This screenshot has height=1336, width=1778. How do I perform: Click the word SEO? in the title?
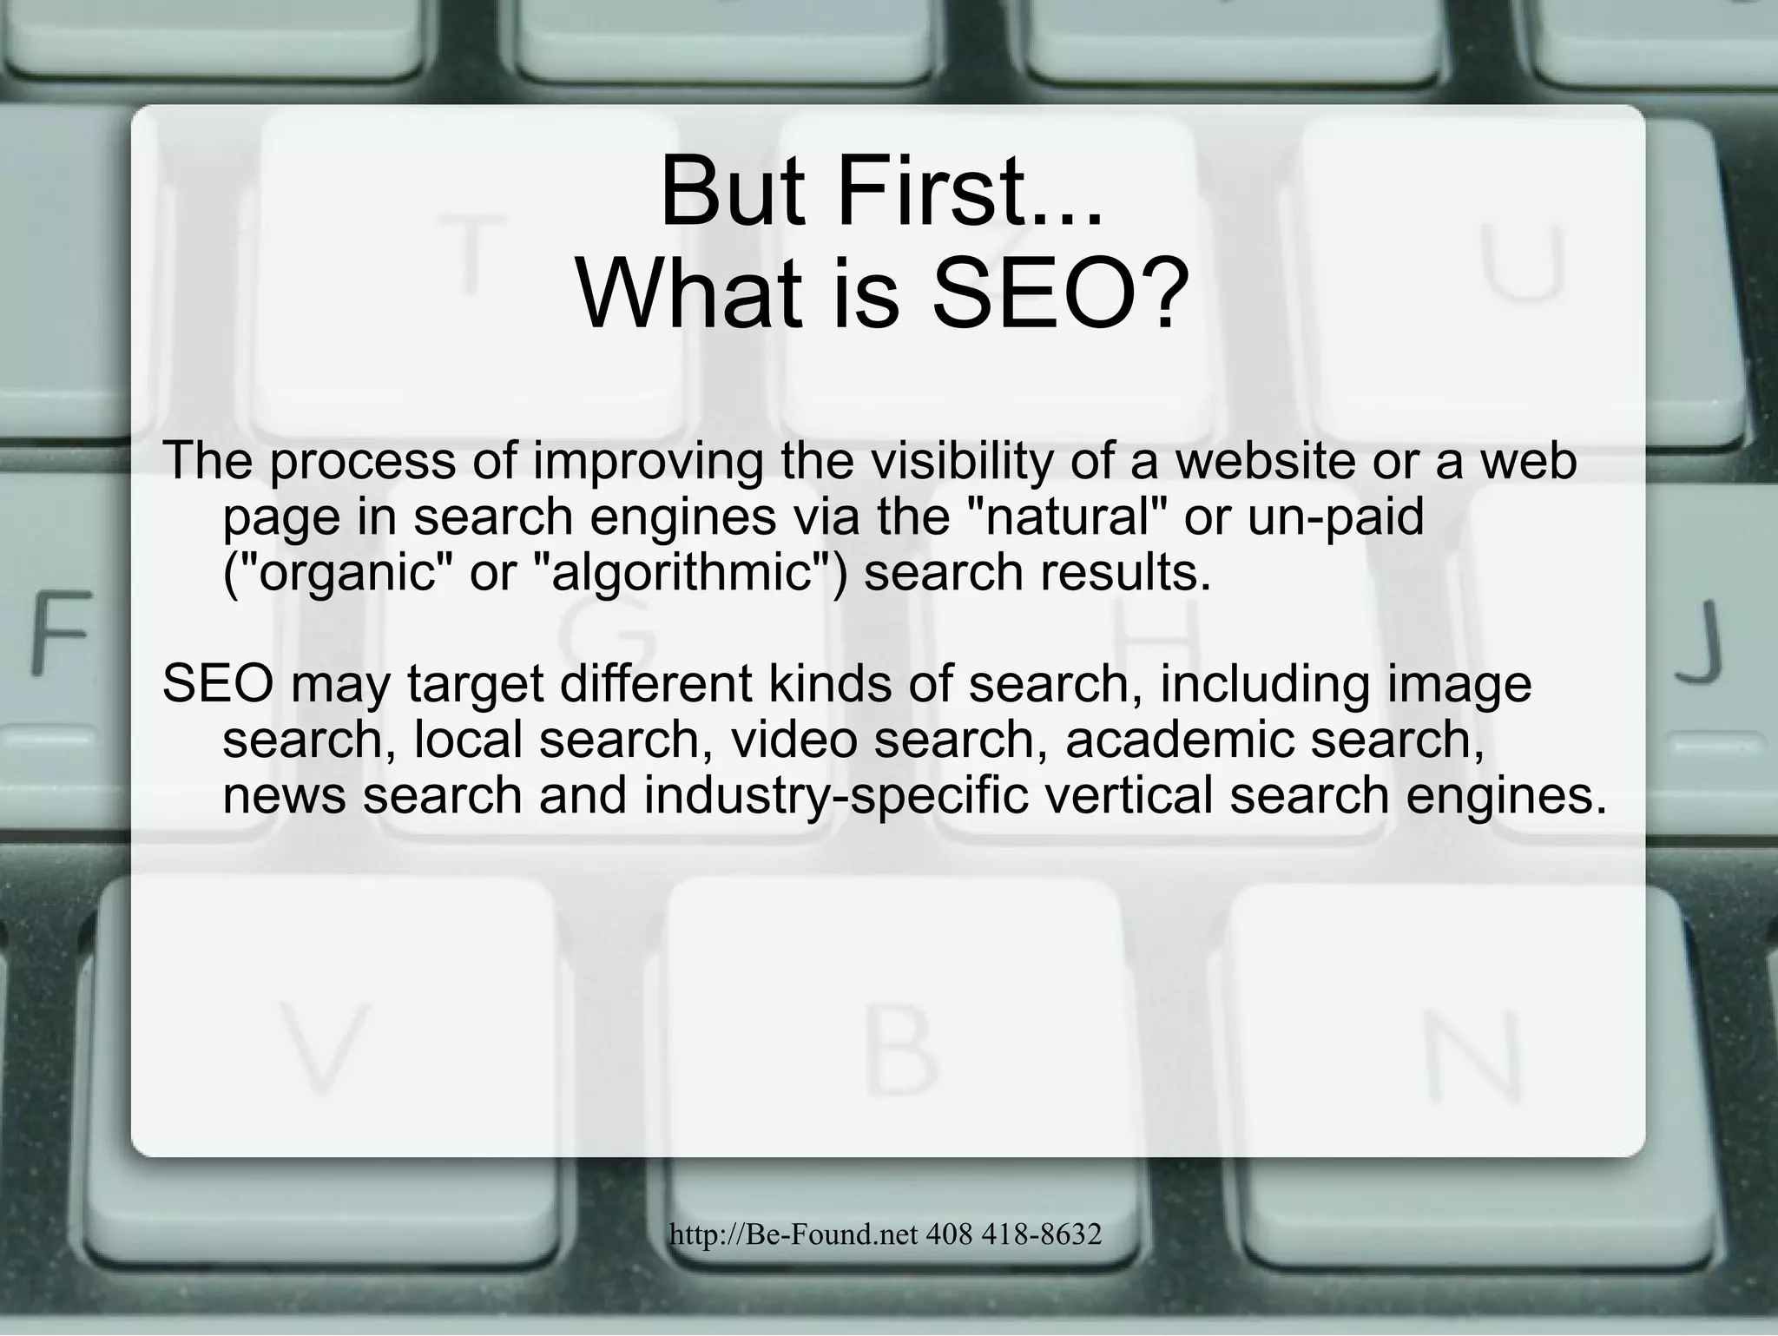1055,292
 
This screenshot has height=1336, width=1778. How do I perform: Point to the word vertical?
1129,795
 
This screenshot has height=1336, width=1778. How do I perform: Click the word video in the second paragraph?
794,740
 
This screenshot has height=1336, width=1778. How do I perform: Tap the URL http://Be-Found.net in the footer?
792,1234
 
